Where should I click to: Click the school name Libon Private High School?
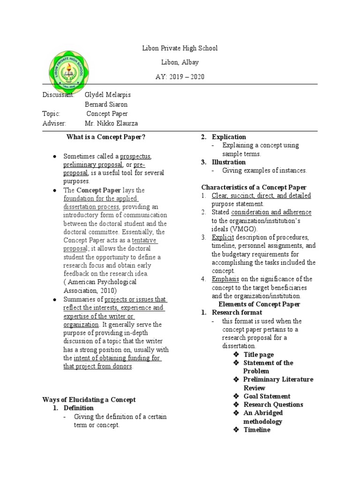tap(180, 48)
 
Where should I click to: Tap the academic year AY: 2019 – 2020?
tap(180, 76)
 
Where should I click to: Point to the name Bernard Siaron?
tap(105, 104)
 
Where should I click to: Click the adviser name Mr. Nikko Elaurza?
tap(111, 123)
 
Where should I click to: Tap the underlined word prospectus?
tap(135, 156)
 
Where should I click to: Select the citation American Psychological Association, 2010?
tap(100, 286)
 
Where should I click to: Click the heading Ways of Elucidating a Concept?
tap(89, 399)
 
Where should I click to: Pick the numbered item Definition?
tap(79, 408)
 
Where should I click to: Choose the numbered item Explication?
tap(229, 137)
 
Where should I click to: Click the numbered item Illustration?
tap(228, 162)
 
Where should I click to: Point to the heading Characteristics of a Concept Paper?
tap(254, 187)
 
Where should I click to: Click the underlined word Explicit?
tap(223, 237)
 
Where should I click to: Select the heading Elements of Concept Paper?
tap(260, 304)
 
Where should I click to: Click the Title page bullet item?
tap(258, 355)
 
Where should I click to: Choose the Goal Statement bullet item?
tap(267, 396)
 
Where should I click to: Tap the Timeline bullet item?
tap(257, 430)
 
